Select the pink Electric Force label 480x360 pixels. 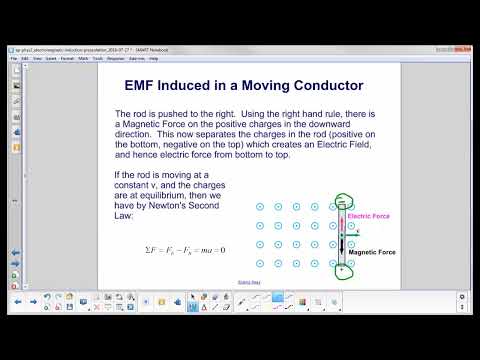(367, 216)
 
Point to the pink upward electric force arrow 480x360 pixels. (341, 222)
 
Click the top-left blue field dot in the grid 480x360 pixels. (259, 207)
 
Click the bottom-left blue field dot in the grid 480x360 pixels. (259, 264)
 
